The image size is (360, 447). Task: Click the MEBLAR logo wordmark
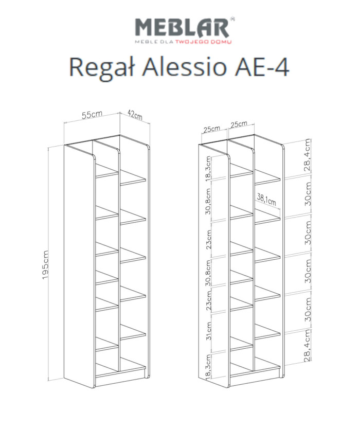click(x=182, y=27)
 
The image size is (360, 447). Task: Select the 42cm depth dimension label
click(x=135, y=115)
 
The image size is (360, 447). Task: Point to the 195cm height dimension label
click(x=45, y=265)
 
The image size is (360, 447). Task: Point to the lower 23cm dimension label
click(x=209, y=300)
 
